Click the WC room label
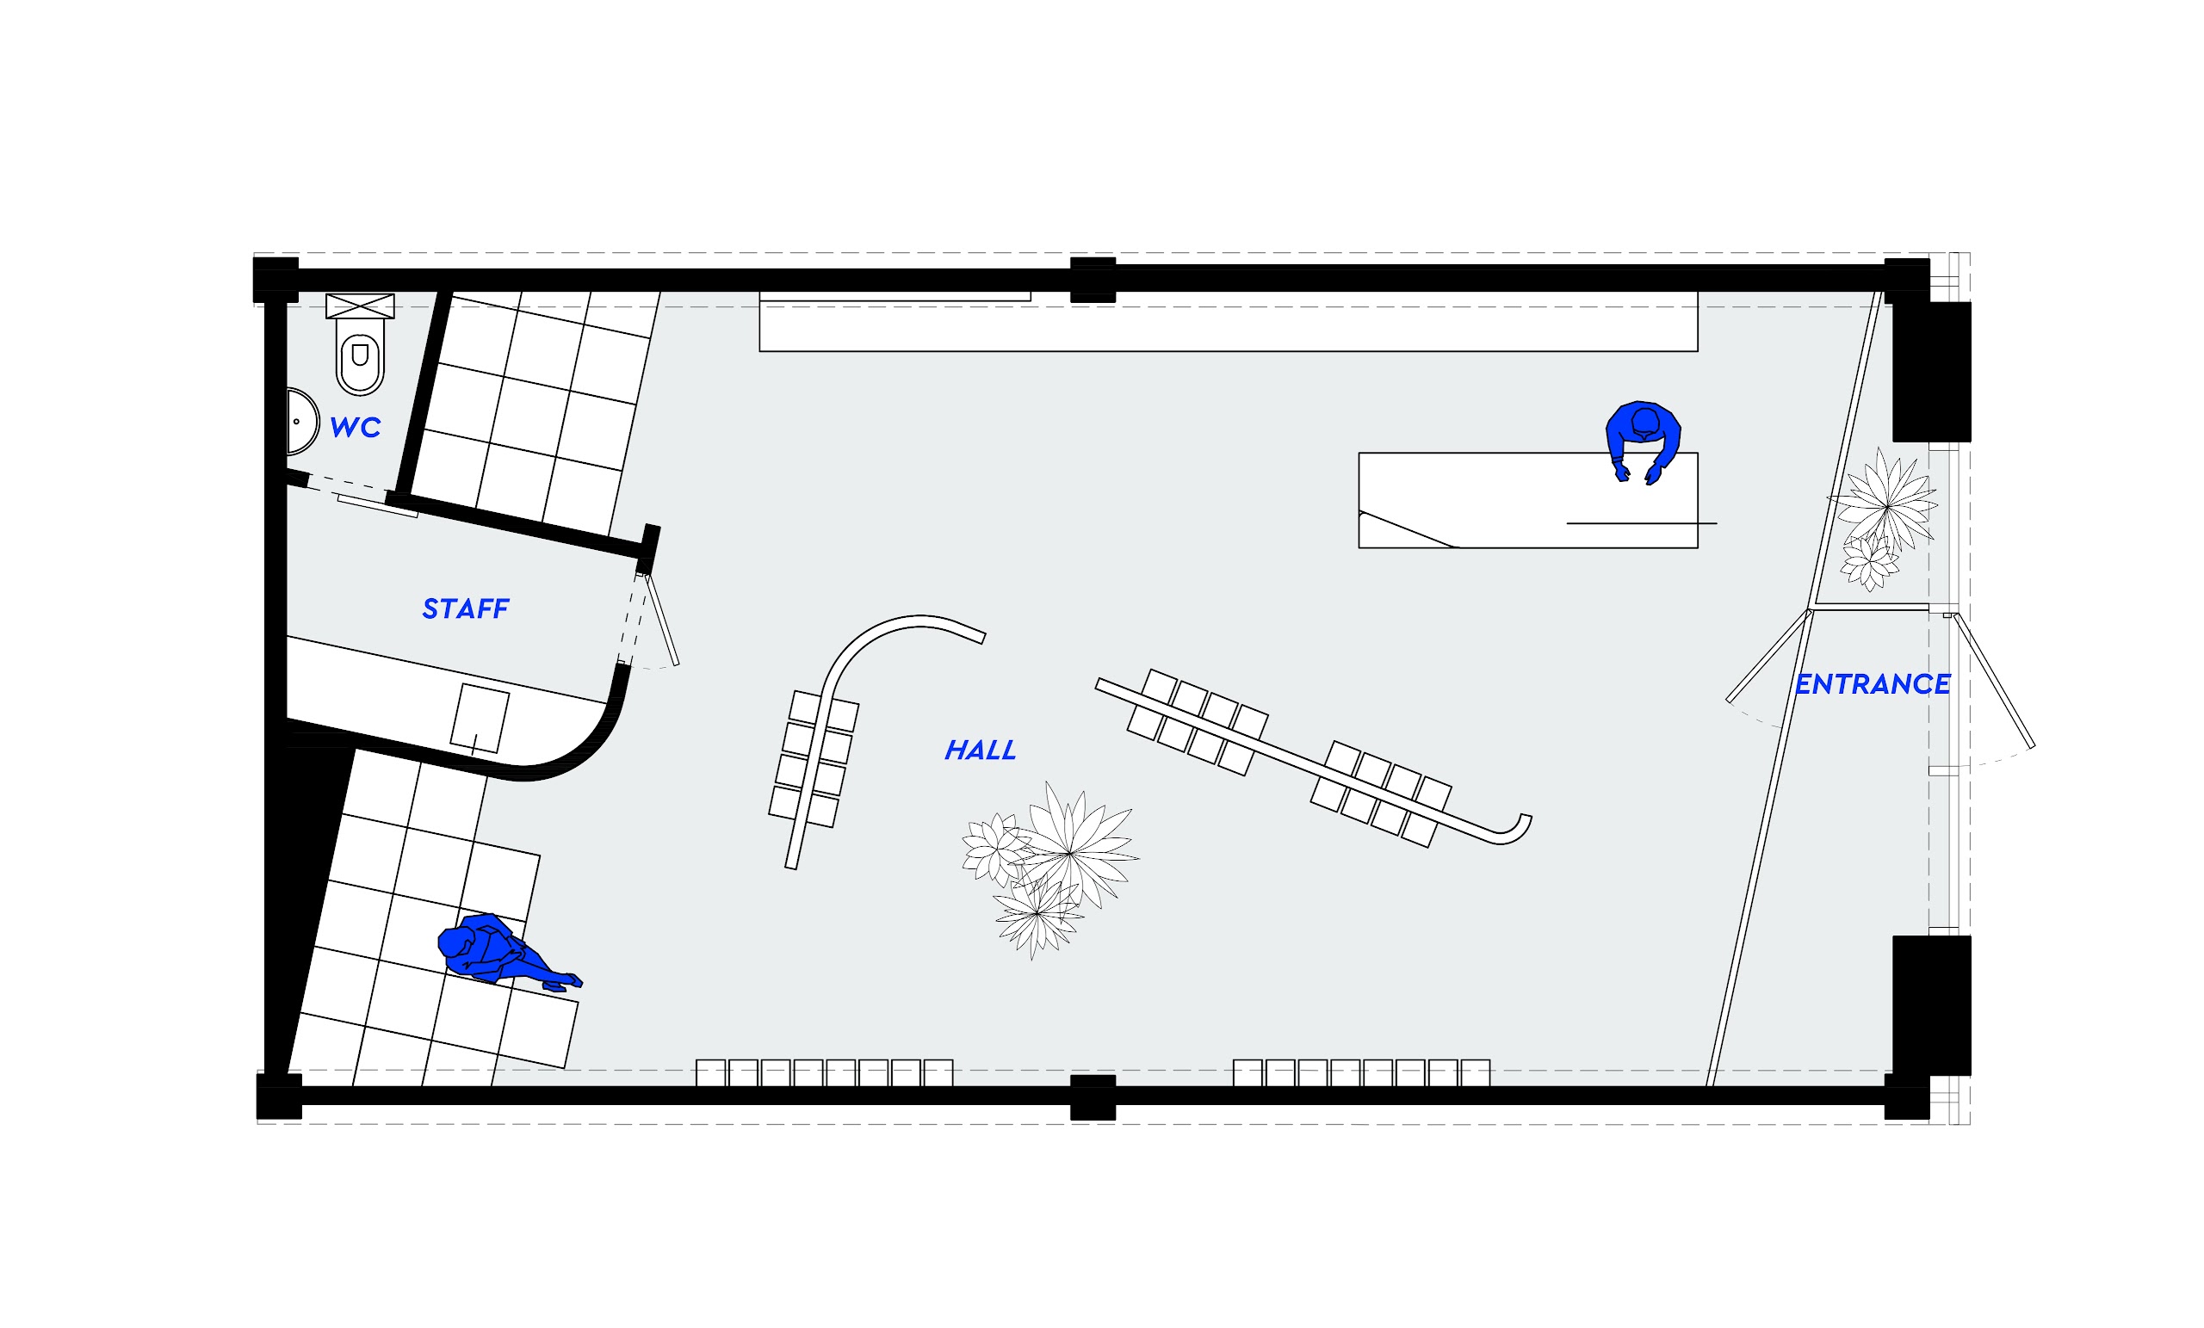355,428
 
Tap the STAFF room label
465,609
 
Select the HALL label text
981,750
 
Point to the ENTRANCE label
1873,684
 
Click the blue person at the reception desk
1643,435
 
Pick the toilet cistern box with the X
360,306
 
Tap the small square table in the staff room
480,717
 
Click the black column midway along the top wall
1093,279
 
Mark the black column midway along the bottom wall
1093,1096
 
